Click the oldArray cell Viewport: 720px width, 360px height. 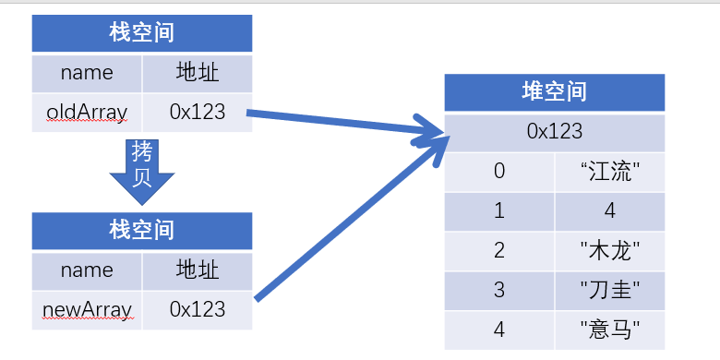pos(87,113)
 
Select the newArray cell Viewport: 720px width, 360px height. pos(87,308)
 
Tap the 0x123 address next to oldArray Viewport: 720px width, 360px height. pos(197,113)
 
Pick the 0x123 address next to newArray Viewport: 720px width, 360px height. pos(197,308)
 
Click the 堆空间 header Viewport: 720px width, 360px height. pos(554,92)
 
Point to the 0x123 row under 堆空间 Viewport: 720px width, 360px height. pos(554,131)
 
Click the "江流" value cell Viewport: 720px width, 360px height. pos(609,171)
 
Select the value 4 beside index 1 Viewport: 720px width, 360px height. pos(609,210)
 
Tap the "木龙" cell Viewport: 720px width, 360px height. pos(609,250)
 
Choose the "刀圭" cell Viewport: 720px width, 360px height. pos(609,290)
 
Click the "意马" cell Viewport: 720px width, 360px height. pos(609,330)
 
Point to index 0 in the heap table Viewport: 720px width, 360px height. pos(499,171)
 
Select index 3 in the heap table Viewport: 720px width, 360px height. pos(499,290)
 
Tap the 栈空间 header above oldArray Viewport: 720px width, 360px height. pos(141,34)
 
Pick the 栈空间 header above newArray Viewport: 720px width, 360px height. pos(141,230)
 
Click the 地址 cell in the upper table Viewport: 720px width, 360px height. pos(197,72)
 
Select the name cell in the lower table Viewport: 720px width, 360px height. pos(87,270)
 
